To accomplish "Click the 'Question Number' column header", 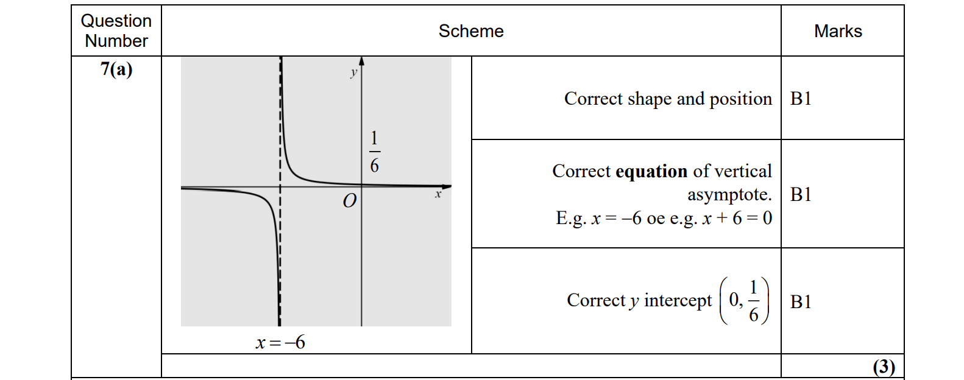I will pyautogui.click(x=116, y=30).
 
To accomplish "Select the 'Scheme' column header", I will pyautogui.click(x=471, y=31).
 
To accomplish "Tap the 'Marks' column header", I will pyautogui.click(x=838, y=31).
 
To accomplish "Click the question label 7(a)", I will pyautogui.click(x=116, y=69).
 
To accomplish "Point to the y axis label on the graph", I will pyautogui.click(x=353, y=72).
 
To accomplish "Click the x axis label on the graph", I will pyautogui.click(x=438, y=194).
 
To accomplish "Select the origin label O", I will pyautogui.click(x=349, y=201).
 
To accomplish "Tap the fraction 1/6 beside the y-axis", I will pyautogui.click(x=374, y=152).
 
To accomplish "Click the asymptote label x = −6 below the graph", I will pyautogui.click(x=280, y=343).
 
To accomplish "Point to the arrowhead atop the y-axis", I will pyautogui.click(x=361, y=61).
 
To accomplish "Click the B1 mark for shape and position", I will pyautogui.click(x=801, y=99).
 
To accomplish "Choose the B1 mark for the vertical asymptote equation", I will pyautogui.click(x=801, y=194).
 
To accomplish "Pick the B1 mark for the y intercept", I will pyautogui.click(x=801, y=301).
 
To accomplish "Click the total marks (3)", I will pyautogui.click(x=884, y=367).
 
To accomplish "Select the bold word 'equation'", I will pyautogui.click(x=651, y=171).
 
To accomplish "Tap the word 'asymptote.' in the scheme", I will pyautogui.click(x=729, y=194).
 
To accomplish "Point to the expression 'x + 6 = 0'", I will pyautogui.click(x=737, y=218).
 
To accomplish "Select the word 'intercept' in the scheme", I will pyautogui.click(x=678, y=300).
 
